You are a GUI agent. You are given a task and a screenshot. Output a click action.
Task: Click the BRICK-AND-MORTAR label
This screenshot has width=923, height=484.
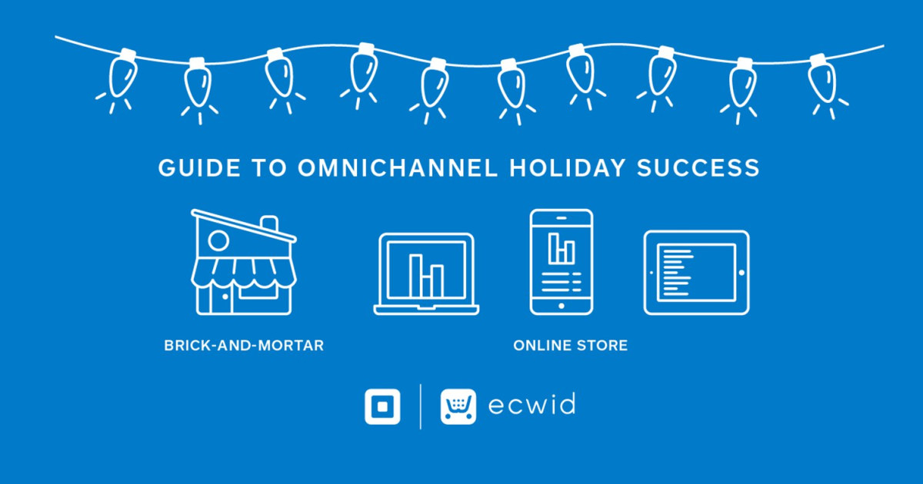(x=244, y=346)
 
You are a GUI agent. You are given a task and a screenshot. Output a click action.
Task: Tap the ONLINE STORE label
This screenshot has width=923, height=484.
(x=570, y=346)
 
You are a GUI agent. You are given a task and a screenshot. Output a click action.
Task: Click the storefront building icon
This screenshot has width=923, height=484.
(x=243, y=265)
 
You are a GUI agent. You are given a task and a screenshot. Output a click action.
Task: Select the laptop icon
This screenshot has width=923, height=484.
(x=426, y=274)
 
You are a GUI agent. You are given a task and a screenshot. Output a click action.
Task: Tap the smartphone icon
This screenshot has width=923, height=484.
(x=561, y=261)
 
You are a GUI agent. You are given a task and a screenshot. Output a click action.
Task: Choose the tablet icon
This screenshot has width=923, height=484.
(x=696, y=273)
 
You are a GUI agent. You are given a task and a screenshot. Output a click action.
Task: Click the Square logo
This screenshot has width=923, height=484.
(x=382, y=406)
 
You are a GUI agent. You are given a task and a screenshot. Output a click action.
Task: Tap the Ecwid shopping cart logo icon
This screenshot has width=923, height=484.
(x=458, y=406)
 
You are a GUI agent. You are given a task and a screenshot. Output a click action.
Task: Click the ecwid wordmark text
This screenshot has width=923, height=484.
(x=531, y=405)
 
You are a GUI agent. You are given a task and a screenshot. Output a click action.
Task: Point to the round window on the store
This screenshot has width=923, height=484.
(x=218, y=241)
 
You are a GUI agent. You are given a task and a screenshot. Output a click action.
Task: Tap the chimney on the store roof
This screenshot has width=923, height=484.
(x=269, y=224)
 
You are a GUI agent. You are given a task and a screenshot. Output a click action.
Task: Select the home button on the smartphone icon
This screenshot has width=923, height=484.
(x=561, y=305)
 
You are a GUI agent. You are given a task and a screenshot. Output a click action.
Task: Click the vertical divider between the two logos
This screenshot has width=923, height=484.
(x=420, y=406)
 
